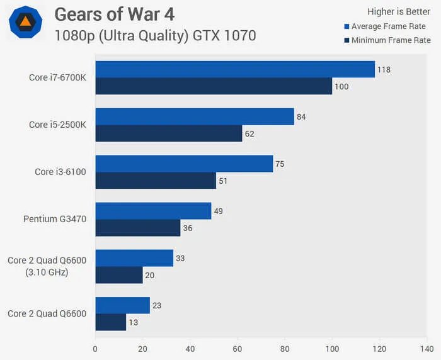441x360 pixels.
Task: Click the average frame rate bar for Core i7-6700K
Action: pos(235,69)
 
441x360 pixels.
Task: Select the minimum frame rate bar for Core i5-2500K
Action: pos(169,133)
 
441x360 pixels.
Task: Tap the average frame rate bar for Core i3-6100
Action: pos(184,164)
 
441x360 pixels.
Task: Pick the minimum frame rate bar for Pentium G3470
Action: pos(138,228)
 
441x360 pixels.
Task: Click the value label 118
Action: pos(384,69)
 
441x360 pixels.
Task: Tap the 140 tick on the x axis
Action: pos(427,348)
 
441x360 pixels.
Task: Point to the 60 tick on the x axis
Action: pos(238,348)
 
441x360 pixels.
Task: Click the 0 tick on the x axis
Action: pos(95,348)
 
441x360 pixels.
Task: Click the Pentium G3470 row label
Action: pos(55,219)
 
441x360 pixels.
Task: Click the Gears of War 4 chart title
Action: pos(115,13)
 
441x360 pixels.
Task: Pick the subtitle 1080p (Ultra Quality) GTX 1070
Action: pos(156,35)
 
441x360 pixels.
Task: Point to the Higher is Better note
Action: pos(399,11)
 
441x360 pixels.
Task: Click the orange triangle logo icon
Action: pos(25,23)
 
